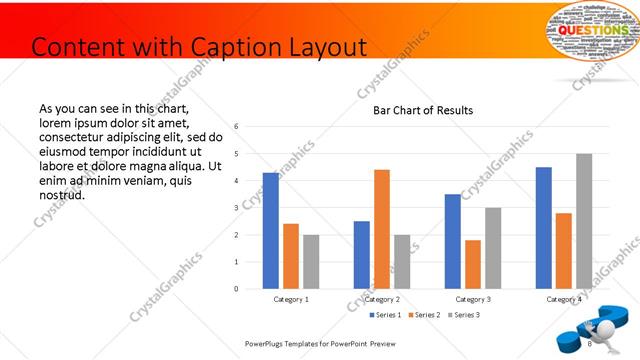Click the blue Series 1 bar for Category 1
[x=270, y=231]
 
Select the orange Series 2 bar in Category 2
[x=382, y=229]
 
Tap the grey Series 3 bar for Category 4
[x=584, y=221]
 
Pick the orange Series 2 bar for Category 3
[x=473, y=264]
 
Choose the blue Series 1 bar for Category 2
[x=361, y=255]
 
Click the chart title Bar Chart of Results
[x=423, y=110]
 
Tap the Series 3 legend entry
[x=463, y=315]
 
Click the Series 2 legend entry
[x=424, y=315]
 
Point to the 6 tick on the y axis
[x=236, y=127]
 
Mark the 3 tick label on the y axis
[x=236, y=208]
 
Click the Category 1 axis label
[x=291, y=299]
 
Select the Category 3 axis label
[x=473, y=299]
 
